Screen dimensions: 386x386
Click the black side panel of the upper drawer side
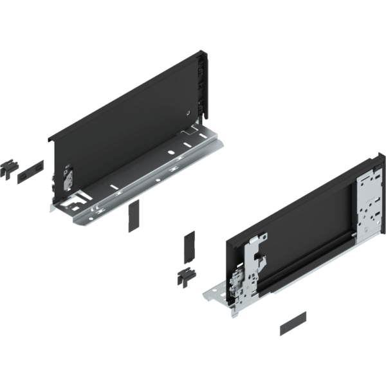click(x=129, y=122)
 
